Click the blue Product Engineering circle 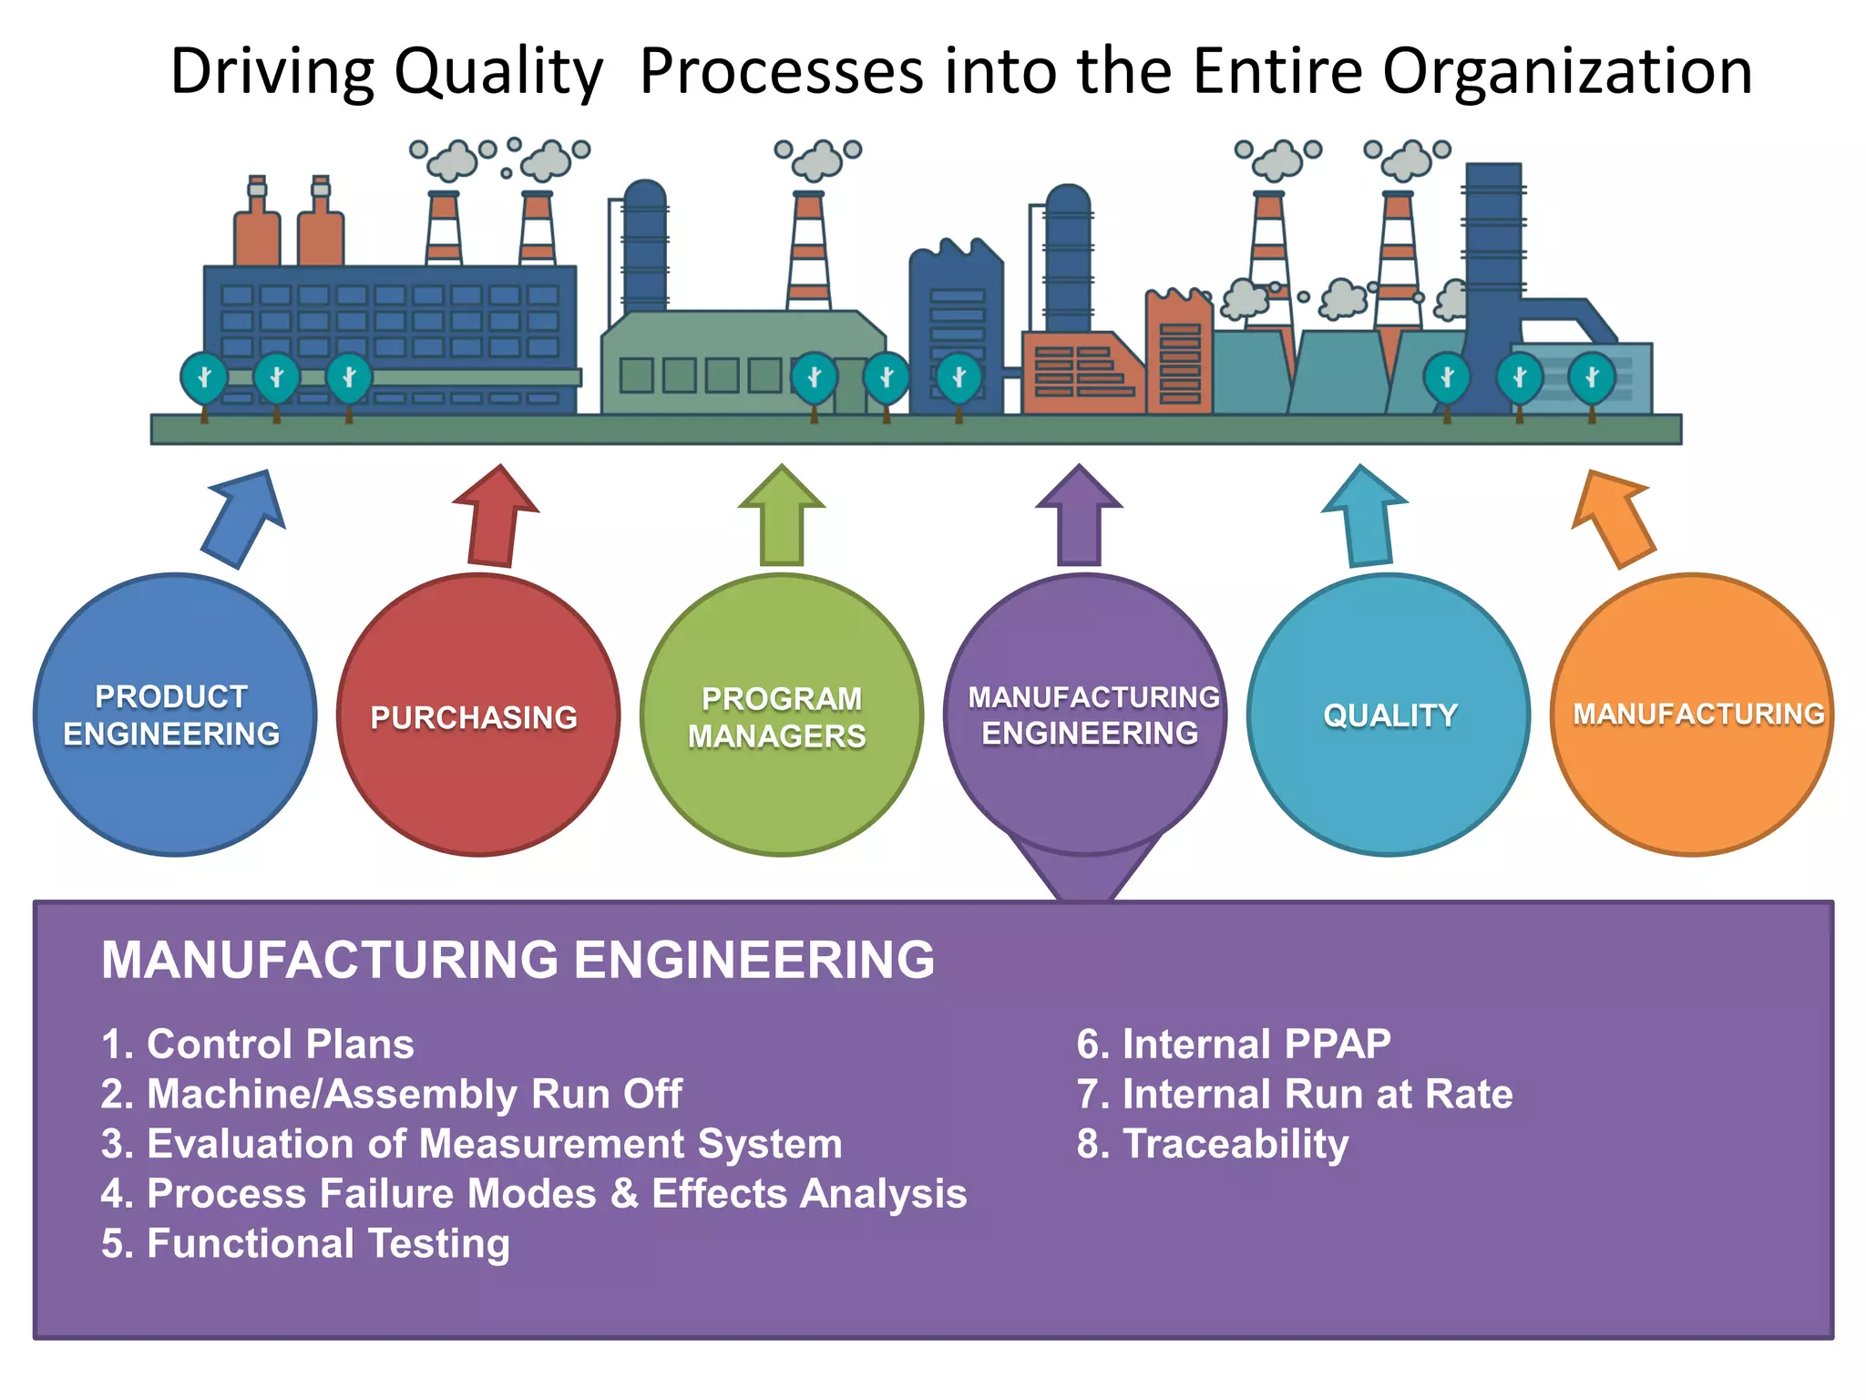click(x=175, y=715)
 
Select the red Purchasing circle click(x=478, y=715)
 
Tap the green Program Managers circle click(x=782, y=715)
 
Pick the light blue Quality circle click(x=1389, y=715)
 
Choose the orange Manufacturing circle click(x=1692, y=715)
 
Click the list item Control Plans click(x=258, y=1045)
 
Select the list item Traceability click(x=1213, y=1144)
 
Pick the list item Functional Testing click(x=305, y=1244)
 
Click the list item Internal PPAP click(x=1234, y=1045)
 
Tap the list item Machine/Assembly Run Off click(x=392, y=1095)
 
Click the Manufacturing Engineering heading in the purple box click(x=518, y=960)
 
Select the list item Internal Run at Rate click(x=1294, y=1095)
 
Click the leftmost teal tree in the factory click(x=204, y=378)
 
